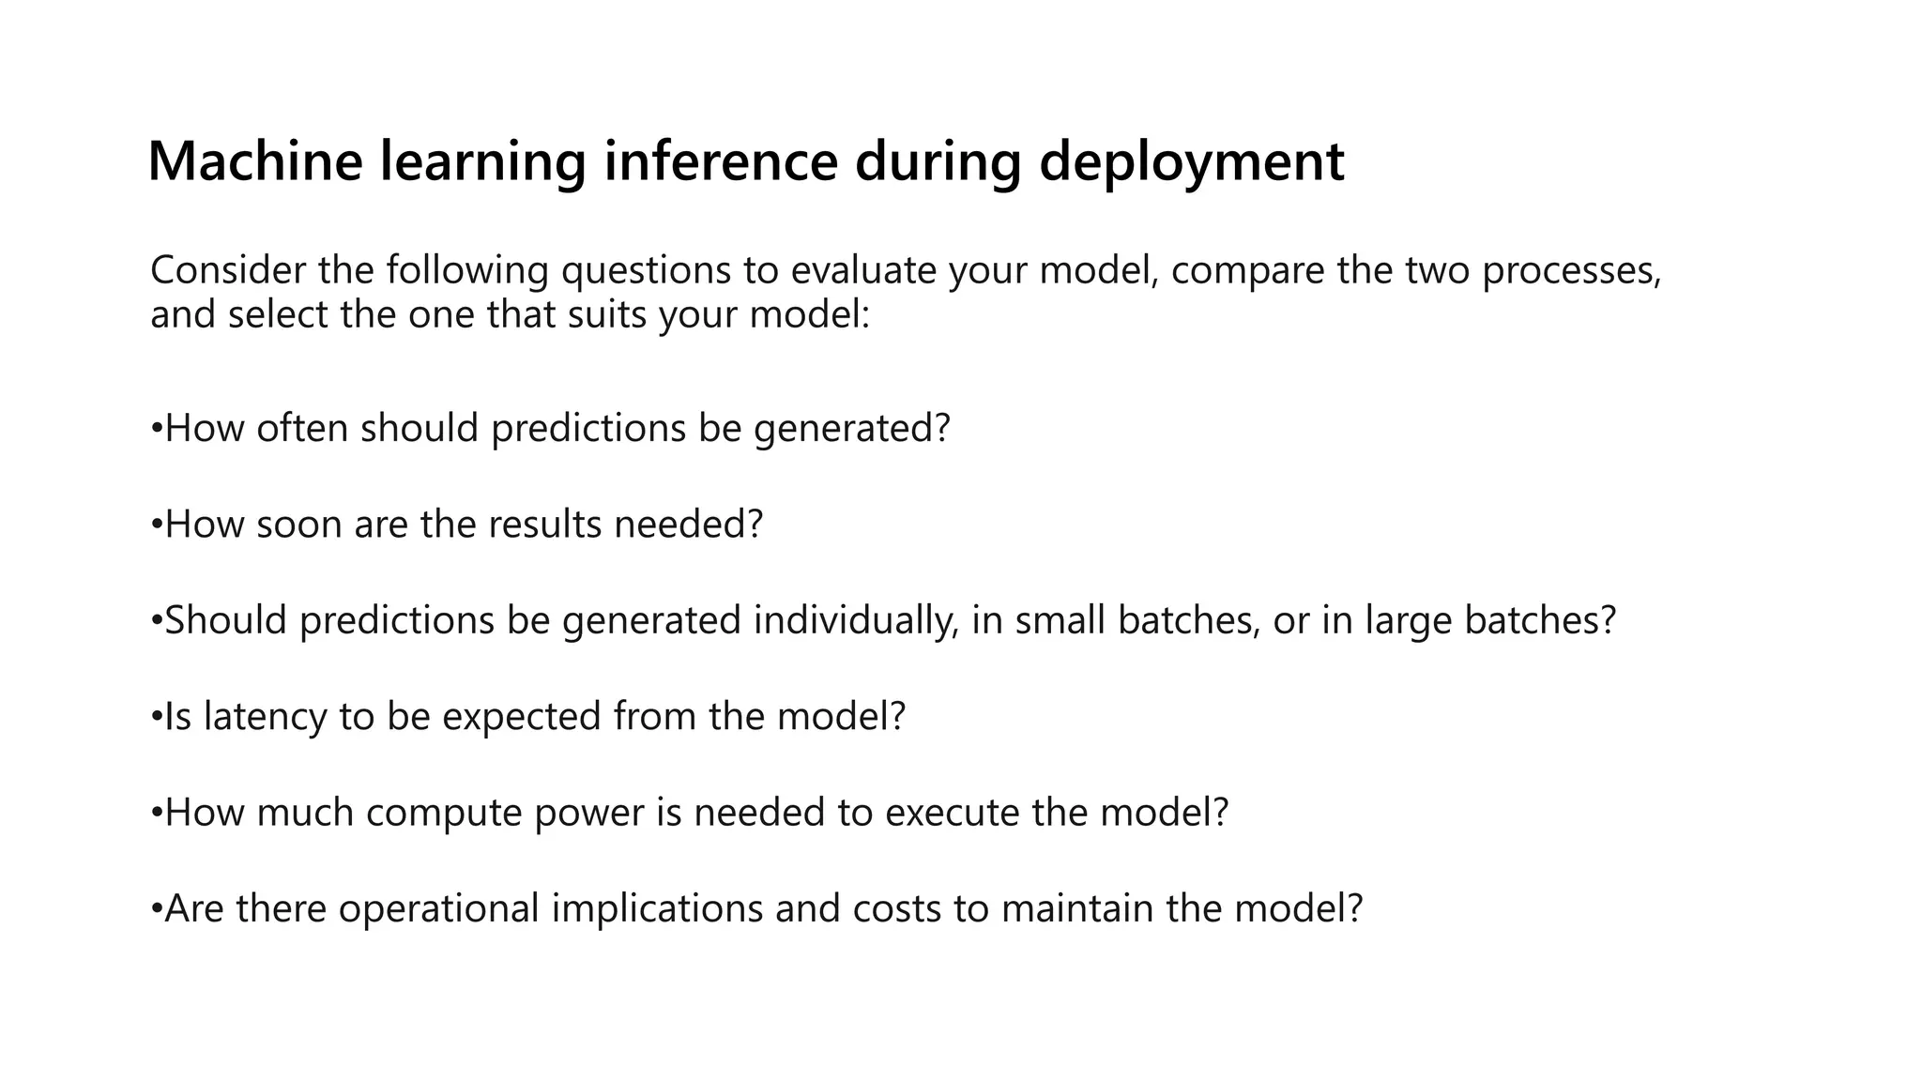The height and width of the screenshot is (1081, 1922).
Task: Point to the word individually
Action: [x=855, y=621]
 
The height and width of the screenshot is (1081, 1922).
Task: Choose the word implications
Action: [x=657, y=909]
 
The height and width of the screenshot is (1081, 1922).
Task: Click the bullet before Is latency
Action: [x=157, y=716]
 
